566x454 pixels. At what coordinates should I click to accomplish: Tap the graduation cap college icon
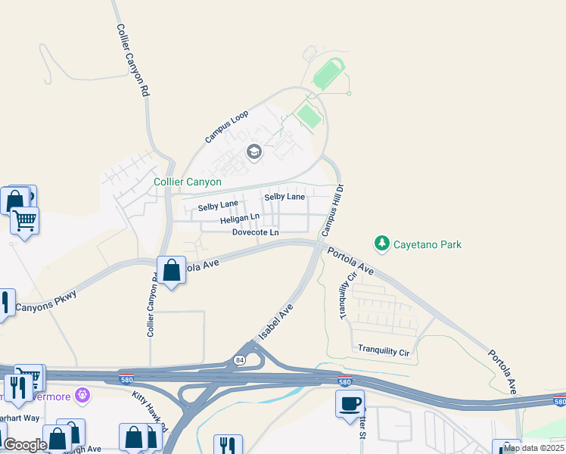[x=253, y=153]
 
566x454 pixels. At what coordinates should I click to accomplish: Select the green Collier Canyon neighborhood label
[x=188, y=182]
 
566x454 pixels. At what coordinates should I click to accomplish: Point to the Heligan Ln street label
[x=239, y=219]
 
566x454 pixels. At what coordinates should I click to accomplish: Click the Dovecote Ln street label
[x=255, y=232]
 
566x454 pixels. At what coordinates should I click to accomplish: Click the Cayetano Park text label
[x=428, y=244]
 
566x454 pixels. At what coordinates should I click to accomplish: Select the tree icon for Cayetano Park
[x=382, y=244]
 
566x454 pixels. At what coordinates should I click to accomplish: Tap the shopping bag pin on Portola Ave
[x=172, y=270]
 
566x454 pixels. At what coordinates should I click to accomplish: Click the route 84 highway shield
[x=240, y=359]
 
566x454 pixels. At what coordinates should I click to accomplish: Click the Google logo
[x=24, y=446]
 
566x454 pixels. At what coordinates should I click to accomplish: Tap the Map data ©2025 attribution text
[x=533, y=448]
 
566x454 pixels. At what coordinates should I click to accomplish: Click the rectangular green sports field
[x=308, y=116]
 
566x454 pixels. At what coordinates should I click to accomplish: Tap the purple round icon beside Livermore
[x=82, y=395]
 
